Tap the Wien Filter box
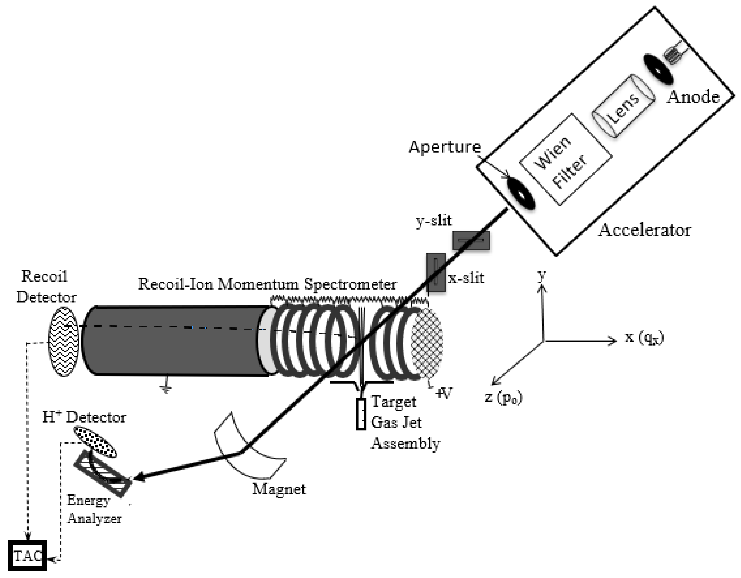(566, 159)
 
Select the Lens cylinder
(623, 106)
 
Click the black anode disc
(657, 70)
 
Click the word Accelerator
(644, 230)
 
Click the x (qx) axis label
(644, 338)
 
